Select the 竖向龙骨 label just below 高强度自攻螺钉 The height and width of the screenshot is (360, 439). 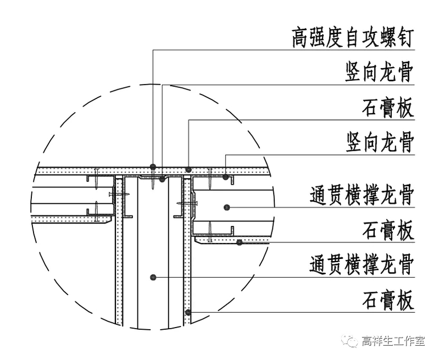tap(379, 73)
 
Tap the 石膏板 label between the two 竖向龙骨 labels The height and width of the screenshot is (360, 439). tap(388, 108)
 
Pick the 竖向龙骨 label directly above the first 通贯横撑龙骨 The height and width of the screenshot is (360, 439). tap(379, 142)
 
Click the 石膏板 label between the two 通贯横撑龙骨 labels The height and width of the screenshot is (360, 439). tap(388, 230)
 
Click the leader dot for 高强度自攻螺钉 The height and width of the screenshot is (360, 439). tap(154, 166)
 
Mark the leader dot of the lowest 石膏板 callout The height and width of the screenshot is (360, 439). tap(188, 312)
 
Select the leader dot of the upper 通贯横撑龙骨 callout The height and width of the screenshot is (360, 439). tap(225, 207)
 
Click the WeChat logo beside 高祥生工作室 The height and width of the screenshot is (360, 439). tap(351, 341)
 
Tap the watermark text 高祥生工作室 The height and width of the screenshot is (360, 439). tap(392, 341)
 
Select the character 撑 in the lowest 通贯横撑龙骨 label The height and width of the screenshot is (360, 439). tap(362, 265)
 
